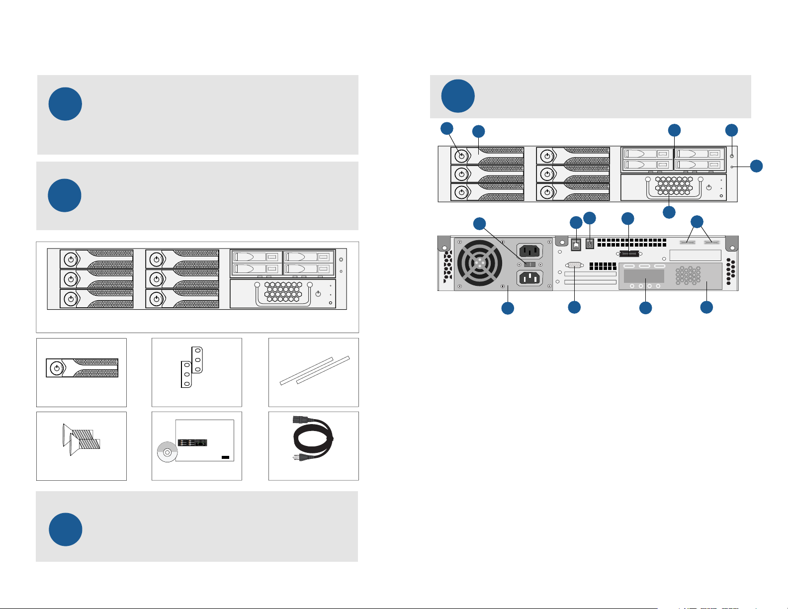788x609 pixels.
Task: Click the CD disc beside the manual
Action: [x=167, y=452]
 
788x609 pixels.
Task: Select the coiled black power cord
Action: [x=313, y=440]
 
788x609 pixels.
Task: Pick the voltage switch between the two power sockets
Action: [x=531, y=264]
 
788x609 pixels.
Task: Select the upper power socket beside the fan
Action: [x=531, y=250]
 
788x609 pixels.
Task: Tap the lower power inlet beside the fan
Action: [x=531, y=278]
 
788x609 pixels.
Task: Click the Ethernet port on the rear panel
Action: [x=576, y=245]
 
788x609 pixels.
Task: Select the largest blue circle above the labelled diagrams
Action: [x=458, y=96]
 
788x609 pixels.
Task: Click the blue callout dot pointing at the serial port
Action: [x=574, y=307]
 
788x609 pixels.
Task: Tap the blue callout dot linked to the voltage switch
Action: [x=479, y=223]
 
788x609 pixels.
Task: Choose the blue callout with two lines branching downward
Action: [x=697, y=222]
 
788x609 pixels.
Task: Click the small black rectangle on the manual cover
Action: [x=225, y=457]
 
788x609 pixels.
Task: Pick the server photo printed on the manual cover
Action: [x=192, y=442]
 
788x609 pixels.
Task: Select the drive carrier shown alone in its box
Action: [x=82, y=368]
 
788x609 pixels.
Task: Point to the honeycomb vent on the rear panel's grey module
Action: [x=688, y=275]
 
